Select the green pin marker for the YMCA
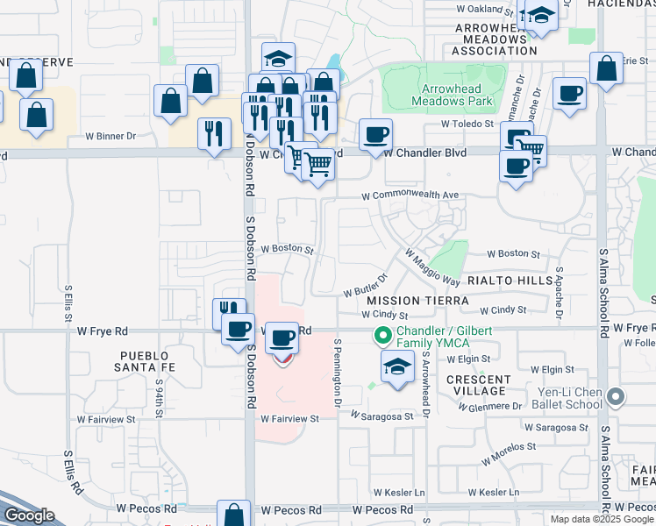point(382,335)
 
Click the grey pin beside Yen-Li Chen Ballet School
point(616,398)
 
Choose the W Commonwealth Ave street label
point(411,195)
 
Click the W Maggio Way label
point(432,267)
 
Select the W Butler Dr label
point(366,289)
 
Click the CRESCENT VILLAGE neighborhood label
point(478,385)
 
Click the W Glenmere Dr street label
point(491,406)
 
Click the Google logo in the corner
point(29,515)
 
